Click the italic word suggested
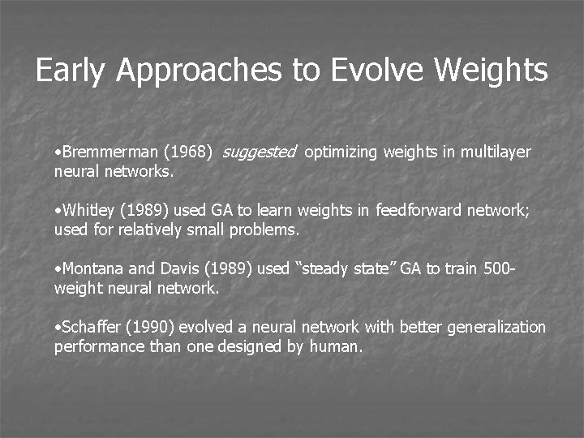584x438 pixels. (x=259, y=152)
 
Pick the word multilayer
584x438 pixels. (x=496, y=152)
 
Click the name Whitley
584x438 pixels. (x=88, y=211)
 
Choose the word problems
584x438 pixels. (x=269, y=230)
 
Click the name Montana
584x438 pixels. (x=91, y=269)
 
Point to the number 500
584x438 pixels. (x=496, y=269)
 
